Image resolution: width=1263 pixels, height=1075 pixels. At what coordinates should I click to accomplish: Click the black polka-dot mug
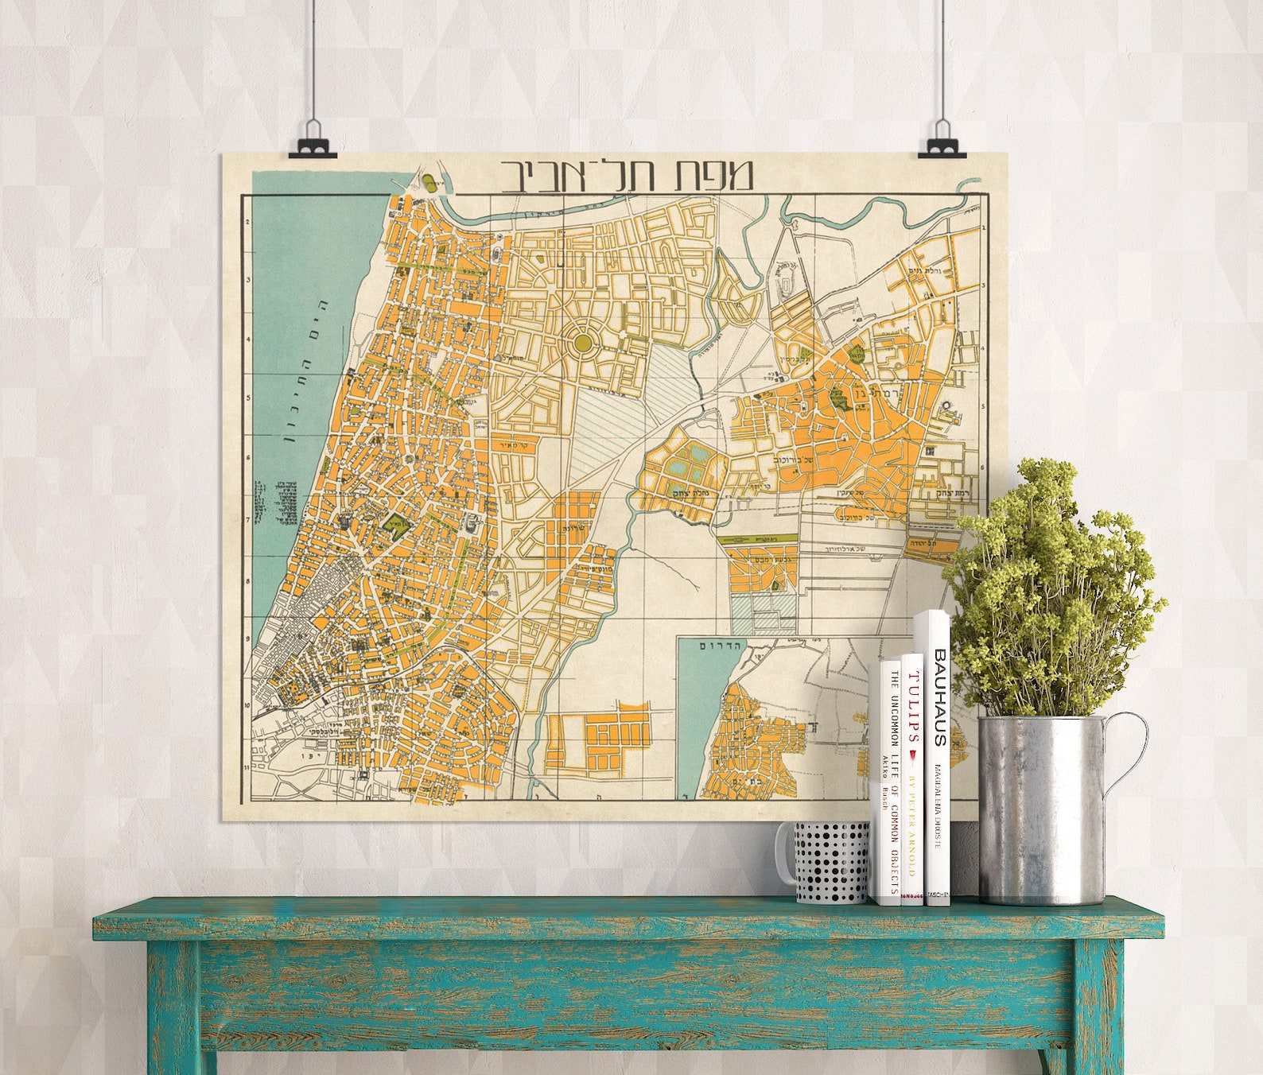pos(831,862)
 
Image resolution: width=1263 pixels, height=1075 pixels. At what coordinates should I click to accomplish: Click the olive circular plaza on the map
pos(583,342)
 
